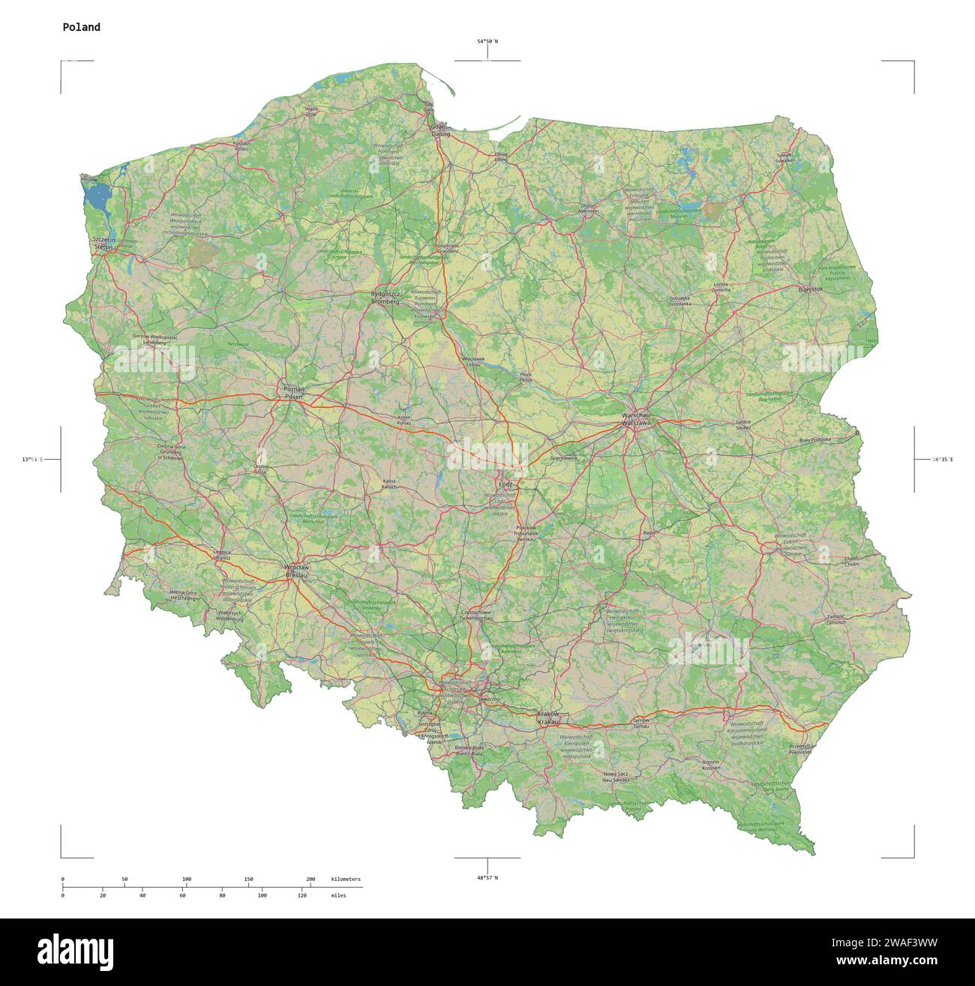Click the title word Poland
coord(81,27)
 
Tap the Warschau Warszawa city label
coord(637,419)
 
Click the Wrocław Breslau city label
coord(297,571)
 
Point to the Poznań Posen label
coord(293,393)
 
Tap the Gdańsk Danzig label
coord(440,130)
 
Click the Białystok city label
coord(811,289)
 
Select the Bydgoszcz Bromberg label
coord(385,297)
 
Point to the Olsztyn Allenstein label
coord(589,208)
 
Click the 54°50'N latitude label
coord(487,41)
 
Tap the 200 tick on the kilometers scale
coord(310,879)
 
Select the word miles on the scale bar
coord(338,895)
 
